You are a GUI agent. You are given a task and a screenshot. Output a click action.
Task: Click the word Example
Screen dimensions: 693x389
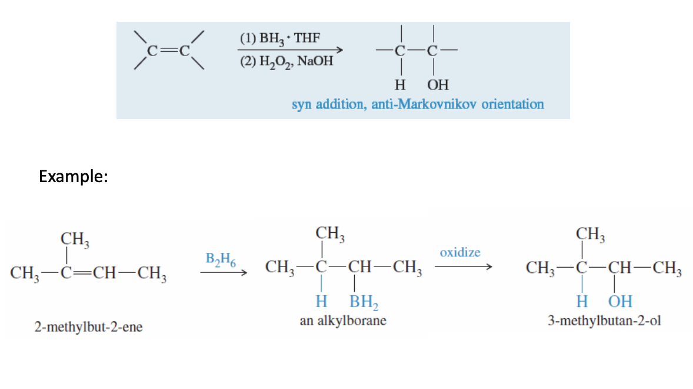click(73, 176)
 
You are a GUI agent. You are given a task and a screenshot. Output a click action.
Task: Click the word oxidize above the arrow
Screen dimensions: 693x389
click(460, 252)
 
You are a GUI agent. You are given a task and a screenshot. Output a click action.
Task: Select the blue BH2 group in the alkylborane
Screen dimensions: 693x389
click(364, 302)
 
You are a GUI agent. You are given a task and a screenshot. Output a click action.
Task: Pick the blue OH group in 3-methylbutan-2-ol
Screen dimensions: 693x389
click(619, 302)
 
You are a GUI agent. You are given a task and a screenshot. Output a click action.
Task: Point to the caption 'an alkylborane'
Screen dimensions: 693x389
click(343, 321)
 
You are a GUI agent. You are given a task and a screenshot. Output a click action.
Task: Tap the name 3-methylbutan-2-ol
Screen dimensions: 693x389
click(601, 322)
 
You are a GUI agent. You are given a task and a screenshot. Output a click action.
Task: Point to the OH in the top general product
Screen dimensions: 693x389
click(438, 85)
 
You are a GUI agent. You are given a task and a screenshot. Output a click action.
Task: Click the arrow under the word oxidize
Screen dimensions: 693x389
click(462, 266)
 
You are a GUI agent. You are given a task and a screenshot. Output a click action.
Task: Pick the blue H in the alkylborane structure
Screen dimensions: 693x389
click(321, 302)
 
